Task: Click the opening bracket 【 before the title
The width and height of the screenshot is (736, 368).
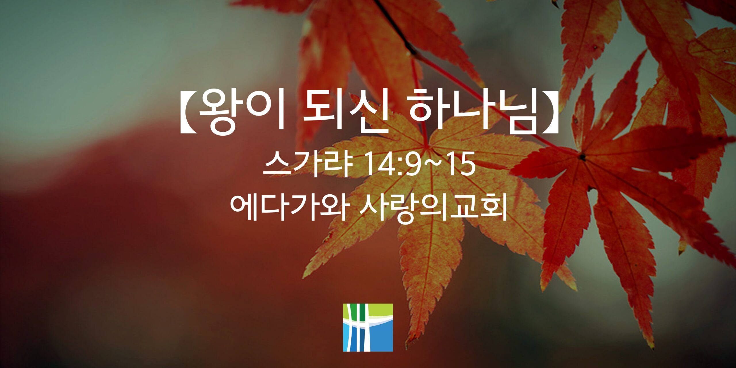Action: click(188, 113)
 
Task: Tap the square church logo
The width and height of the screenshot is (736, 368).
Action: click(368, 327)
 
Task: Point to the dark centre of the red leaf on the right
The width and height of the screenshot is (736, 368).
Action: click(582, 157)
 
